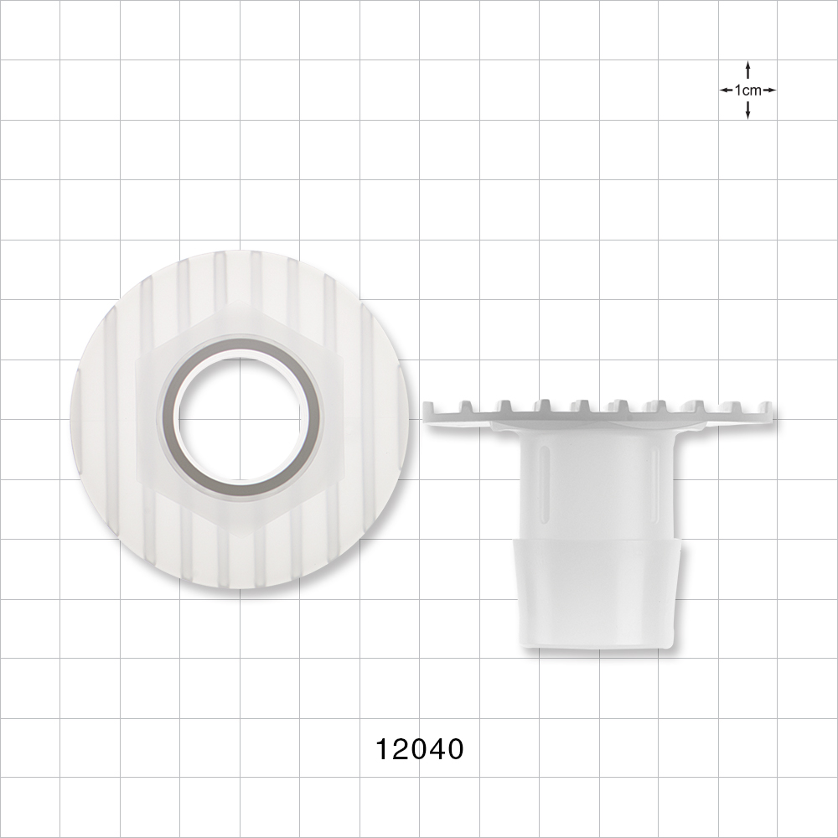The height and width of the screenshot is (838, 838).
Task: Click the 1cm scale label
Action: coord(747,90)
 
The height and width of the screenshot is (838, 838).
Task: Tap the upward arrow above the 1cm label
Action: coord(747,69)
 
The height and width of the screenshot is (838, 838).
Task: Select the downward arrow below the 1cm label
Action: coord(747,111)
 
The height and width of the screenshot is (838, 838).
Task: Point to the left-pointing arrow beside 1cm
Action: coord(726,90)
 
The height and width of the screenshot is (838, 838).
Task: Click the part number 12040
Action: coord(419,748)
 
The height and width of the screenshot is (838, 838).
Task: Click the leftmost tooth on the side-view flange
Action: coord(430,408)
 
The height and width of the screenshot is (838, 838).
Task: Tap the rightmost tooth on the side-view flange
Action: coord(765,408)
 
